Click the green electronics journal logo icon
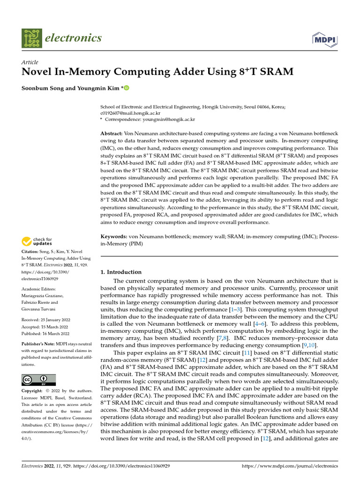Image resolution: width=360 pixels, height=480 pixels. click(31, 38)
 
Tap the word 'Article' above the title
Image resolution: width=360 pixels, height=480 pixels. click(30, 62)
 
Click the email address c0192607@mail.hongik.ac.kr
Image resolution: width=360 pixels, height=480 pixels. click(130, 113)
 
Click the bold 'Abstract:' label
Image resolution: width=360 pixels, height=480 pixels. click(112, 134)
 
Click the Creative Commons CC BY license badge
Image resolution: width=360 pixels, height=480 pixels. click(38, 380)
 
